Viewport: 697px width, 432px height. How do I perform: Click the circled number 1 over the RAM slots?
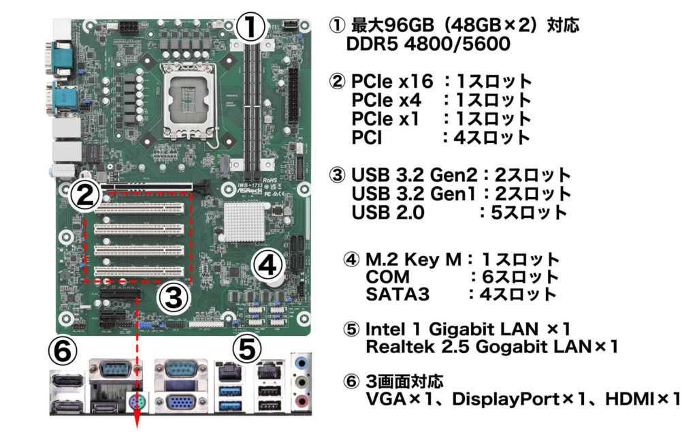[x=250, y=26]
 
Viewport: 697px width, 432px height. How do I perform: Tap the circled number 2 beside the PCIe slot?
[x=85, y=194]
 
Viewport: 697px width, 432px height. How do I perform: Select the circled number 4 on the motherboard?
[x=267, y=265]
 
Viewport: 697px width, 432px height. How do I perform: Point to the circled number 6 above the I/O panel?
[x=63, y=352]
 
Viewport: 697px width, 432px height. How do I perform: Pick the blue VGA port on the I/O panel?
[x=180, y=403]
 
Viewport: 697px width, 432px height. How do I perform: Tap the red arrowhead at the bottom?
[x=137, y=422]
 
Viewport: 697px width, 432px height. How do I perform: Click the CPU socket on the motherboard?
[x=190, y=99]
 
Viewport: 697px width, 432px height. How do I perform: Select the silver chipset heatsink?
[x=245, y=222]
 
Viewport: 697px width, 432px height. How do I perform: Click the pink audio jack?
[x=302, y=401]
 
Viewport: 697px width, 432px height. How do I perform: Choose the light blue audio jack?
[x=302, y=363]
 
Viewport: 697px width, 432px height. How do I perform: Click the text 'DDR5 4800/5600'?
[x=427, y=44]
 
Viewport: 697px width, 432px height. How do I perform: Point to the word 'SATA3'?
[x=398, y=294]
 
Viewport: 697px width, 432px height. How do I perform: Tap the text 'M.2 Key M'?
[x=413, y=260]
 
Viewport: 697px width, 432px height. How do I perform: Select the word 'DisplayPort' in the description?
[x=506, y=399]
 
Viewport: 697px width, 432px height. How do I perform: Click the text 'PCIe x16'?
[x=392, y=81]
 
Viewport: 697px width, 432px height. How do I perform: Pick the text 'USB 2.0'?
[x=388, y=213]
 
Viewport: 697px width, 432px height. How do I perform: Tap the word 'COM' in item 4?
[x=387, y=277]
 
